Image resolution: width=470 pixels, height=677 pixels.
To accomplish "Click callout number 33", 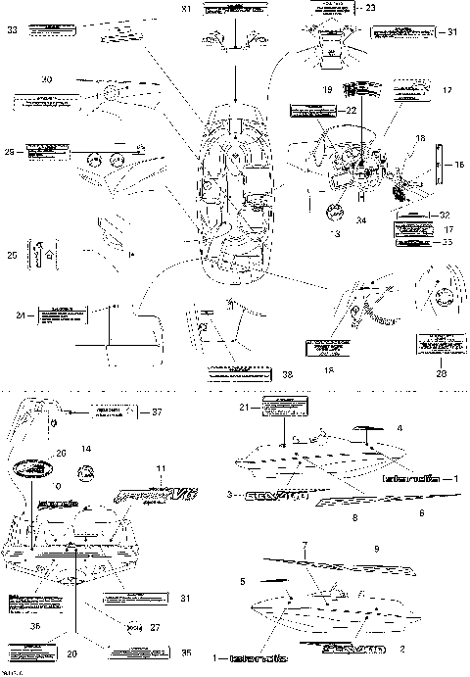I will tap(12, 30).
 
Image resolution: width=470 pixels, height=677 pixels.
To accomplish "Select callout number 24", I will tap(21, 314).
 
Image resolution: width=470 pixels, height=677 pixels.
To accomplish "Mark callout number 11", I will tap(162, 470).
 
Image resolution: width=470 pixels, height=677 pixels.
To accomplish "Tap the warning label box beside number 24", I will tap(60, 315).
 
